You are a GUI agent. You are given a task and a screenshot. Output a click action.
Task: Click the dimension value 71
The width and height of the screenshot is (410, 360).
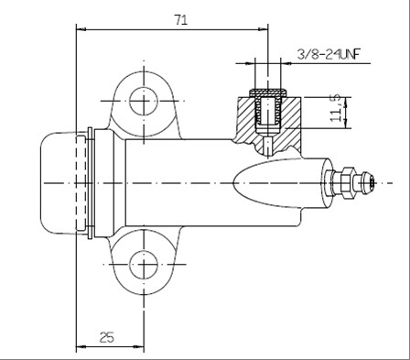181,20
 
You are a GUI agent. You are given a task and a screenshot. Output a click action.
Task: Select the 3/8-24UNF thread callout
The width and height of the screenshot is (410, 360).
329,55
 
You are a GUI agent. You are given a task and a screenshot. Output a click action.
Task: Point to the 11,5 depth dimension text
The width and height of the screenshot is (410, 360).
336,108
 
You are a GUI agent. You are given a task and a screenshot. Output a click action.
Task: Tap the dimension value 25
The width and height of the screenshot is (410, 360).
107,337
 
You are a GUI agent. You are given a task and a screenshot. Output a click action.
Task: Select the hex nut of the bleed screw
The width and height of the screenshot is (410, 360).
349,183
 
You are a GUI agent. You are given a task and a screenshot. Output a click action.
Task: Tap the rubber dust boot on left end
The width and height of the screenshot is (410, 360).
58,183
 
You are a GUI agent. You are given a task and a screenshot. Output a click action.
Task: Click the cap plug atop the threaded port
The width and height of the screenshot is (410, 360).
268,93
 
